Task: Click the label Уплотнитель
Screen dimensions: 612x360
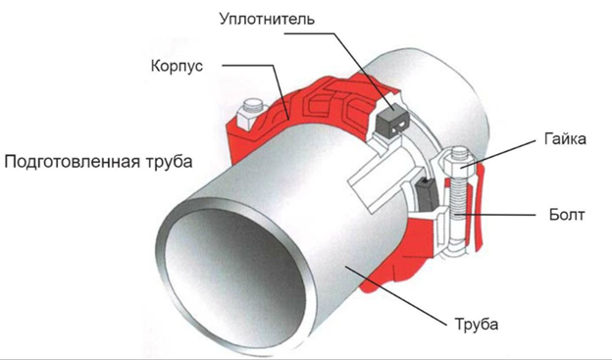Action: coord(267,19)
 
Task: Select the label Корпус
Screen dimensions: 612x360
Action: coord(177,66)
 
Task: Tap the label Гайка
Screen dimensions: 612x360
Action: coord(565,138)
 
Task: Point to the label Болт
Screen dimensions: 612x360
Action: coord(567,215)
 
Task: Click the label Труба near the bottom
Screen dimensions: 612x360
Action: coord(477,324)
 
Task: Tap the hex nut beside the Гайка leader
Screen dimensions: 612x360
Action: coord(459,161)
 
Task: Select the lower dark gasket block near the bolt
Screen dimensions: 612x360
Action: coord(427,193)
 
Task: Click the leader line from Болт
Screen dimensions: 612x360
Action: coord(494,215)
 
